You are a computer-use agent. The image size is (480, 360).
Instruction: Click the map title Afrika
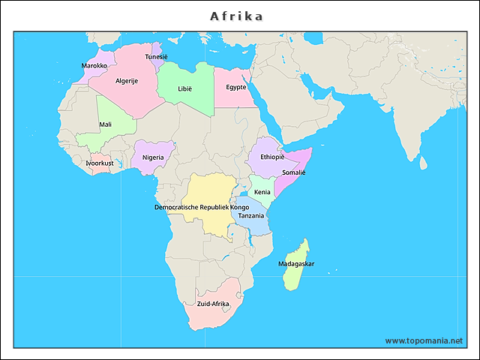pos(236,16)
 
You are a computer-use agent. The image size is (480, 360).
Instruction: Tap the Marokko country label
pos(94,66)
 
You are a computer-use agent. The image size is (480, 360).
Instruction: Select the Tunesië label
pos(157,57)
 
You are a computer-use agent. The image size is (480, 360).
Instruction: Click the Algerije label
pos(127,81)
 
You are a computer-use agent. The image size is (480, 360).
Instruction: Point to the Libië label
pos(184,88)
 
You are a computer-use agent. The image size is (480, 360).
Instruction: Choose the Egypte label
pos(236,87)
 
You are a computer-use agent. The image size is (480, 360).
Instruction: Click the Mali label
pos(106,124)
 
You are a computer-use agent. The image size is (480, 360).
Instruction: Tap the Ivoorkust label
pos(100,163)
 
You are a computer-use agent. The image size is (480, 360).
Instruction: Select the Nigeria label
pos(153,157)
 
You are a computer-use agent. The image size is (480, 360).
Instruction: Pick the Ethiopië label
pos(272,157)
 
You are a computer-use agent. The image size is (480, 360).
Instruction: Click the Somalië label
pos(294,172)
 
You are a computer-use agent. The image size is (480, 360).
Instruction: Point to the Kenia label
pos(262,192)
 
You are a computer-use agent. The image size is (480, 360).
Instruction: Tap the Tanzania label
pos(251,215)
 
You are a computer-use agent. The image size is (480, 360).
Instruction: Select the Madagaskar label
pos(296,264)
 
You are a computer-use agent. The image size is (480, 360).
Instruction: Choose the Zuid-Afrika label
pos(213,304)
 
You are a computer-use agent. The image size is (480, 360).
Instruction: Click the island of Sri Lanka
pos(422,163)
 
